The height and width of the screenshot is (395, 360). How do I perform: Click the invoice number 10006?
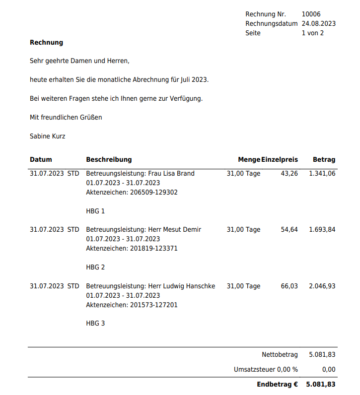(311, 14)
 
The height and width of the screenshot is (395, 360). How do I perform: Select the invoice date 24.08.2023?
(318, 23)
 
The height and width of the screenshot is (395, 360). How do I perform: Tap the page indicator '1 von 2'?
(312, 33)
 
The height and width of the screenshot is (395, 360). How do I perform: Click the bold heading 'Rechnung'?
(46, 43)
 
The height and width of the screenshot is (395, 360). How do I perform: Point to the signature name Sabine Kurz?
(47, 136)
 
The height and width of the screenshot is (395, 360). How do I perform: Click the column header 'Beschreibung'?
(109, 159)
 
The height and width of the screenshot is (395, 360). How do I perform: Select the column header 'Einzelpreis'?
(280, 159)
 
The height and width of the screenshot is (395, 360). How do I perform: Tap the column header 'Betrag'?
(324, 159)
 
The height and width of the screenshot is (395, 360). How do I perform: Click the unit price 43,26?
(289, 173)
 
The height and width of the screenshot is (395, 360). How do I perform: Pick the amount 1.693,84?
(322, 229)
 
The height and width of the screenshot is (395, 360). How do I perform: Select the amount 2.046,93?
(322, 286)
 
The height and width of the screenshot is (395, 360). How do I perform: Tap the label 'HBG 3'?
(95, 323)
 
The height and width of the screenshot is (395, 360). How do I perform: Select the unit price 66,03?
(289, 286)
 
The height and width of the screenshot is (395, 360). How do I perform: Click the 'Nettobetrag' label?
(280, 354)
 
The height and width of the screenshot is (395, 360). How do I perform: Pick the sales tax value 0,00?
(328, 369)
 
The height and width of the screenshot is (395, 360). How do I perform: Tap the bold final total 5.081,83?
(321, 384)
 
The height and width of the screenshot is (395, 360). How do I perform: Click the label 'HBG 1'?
(95, 211)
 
